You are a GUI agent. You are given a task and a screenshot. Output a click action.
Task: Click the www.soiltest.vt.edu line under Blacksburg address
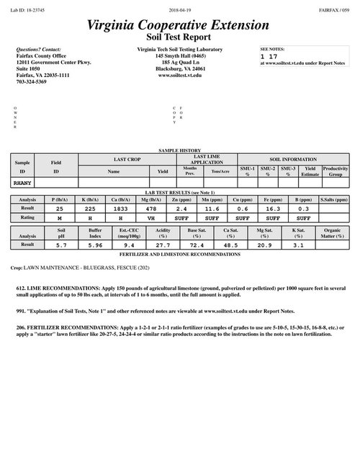(179, 76)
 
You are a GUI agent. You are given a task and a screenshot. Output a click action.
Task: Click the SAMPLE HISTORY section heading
(179, 150)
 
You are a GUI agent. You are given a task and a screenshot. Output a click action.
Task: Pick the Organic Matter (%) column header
(331, 233)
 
